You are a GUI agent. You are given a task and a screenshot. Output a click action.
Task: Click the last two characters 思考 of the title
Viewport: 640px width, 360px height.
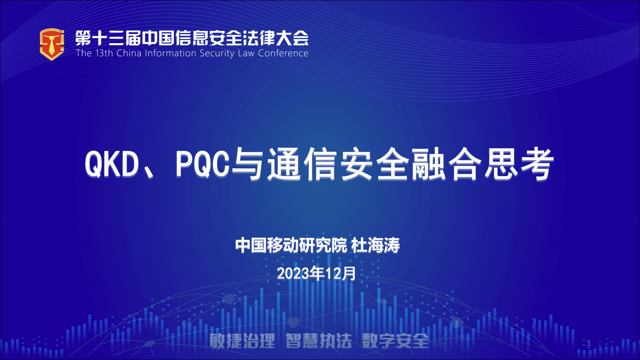pyautogui.click(x=519, y=164)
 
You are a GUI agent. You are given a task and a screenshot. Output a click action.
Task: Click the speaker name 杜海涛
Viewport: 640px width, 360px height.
pyautogui.click(x=375, y=245)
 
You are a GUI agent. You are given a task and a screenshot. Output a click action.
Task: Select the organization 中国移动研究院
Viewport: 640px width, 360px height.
pyautogui.click(x=291, y=245)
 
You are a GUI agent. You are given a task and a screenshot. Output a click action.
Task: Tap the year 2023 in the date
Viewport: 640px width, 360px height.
pyautogui.click(x=293, y=274)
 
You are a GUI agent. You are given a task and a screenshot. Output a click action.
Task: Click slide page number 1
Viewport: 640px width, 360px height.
pyautogui.click(x=589, y=343)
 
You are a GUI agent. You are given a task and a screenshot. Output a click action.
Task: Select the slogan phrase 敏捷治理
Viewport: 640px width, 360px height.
pyautogui.click(x=242, y=341)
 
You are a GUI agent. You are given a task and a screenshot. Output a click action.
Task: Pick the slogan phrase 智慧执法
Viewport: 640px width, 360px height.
pyautogui.click(x=319, y=341)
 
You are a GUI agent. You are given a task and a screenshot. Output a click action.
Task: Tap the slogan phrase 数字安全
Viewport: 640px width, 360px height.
pyautogui.click(x=395, y=341)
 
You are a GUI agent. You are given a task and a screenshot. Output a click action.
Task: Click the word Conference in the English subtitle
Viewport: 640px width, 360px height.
pyautogui.click(x=283, y=53)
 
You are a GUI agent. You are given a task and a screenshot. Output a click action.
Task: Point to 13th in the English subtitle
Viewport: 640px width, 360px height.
pyautogui.click(x=104, y=53)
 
